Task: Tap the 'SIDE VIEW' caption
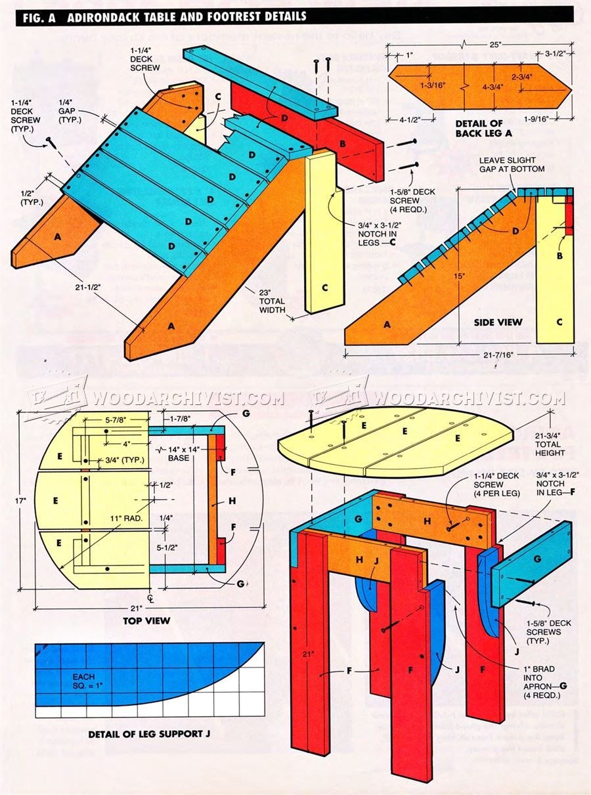(x=498, y=322)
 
